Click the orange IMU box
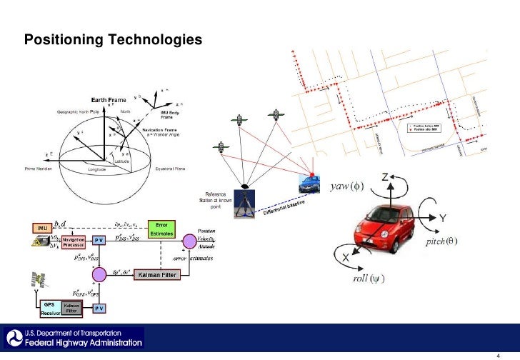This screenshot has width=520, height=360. click(42, 227)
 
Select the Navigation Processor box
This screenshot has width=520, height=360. click(74, 241)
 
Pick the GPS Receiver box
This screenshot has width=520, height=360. click(50, 308)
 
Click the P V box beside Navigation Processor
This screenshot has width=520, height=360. click(99, 241)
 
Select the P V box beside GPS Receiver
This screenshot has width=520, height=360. click(99, 309)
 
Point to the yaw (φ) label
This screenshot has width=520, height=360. click(347, 188)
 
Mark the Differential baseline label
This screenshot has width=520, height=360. click(284, 209)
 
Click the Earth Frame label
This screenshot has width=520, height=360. click(109, 100)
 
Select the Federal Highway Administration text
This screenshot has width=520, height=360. click(84, 343)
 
